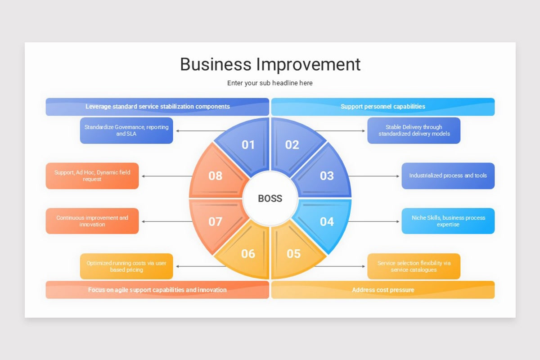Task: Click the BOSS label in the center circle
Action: [x=270, y=198]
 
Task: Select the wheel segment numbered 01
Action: [x=247, y=145]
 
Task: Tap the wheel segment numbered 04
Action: [x=326, y=221]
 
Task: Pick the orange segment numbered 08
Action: [x=216, y=175]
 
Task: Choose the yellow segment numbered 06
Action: [x=247, y=254]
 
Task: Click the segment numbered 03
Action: [x=326, y=175]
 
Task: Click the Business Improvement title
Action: [x=270, y=64]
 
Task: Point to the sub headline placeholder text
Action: [x=270, y=83]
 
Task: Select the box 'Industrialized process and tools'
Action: [x=448, y=175]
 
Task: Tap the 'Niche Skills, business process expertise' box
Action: [x=448, y=221]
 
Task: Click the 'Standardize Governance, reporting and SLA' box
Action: [x=126, y=130]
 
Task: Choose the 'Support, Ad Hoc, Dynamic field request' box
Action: [x=92, y=175]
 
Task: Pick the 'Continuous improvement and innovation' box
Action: [x=92, y=221]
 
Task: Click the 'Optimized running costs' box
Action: [x=126, y=266]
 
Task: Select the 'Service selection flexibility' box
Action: [x=414, y=266]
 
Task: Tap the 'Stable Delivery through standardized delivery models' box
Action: [x=414, y=130]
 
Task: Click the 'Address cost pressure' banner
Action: [x=382, y=290]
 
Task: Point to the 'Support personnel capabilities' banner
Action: [x=382, y=107]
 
